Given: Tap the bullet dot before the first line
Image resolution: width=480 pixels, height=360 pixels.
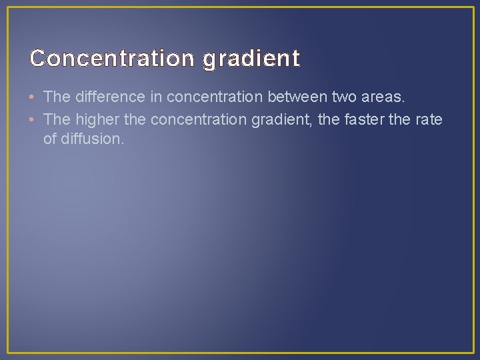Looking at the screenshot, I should click(33, 97).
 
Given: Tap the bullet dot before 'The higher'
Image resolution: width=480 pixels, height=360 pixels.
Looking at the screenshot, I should click(33, 119).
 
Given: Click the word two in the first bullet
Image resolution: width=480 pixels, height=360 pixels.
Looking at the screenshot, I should click(345, 97).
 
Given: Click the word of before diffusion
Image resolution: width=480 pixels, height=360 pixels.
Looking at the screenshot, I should click(50, 140).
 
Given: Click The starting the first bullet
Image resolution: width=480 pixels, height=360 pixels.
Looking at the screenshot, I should click(57, 97).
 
